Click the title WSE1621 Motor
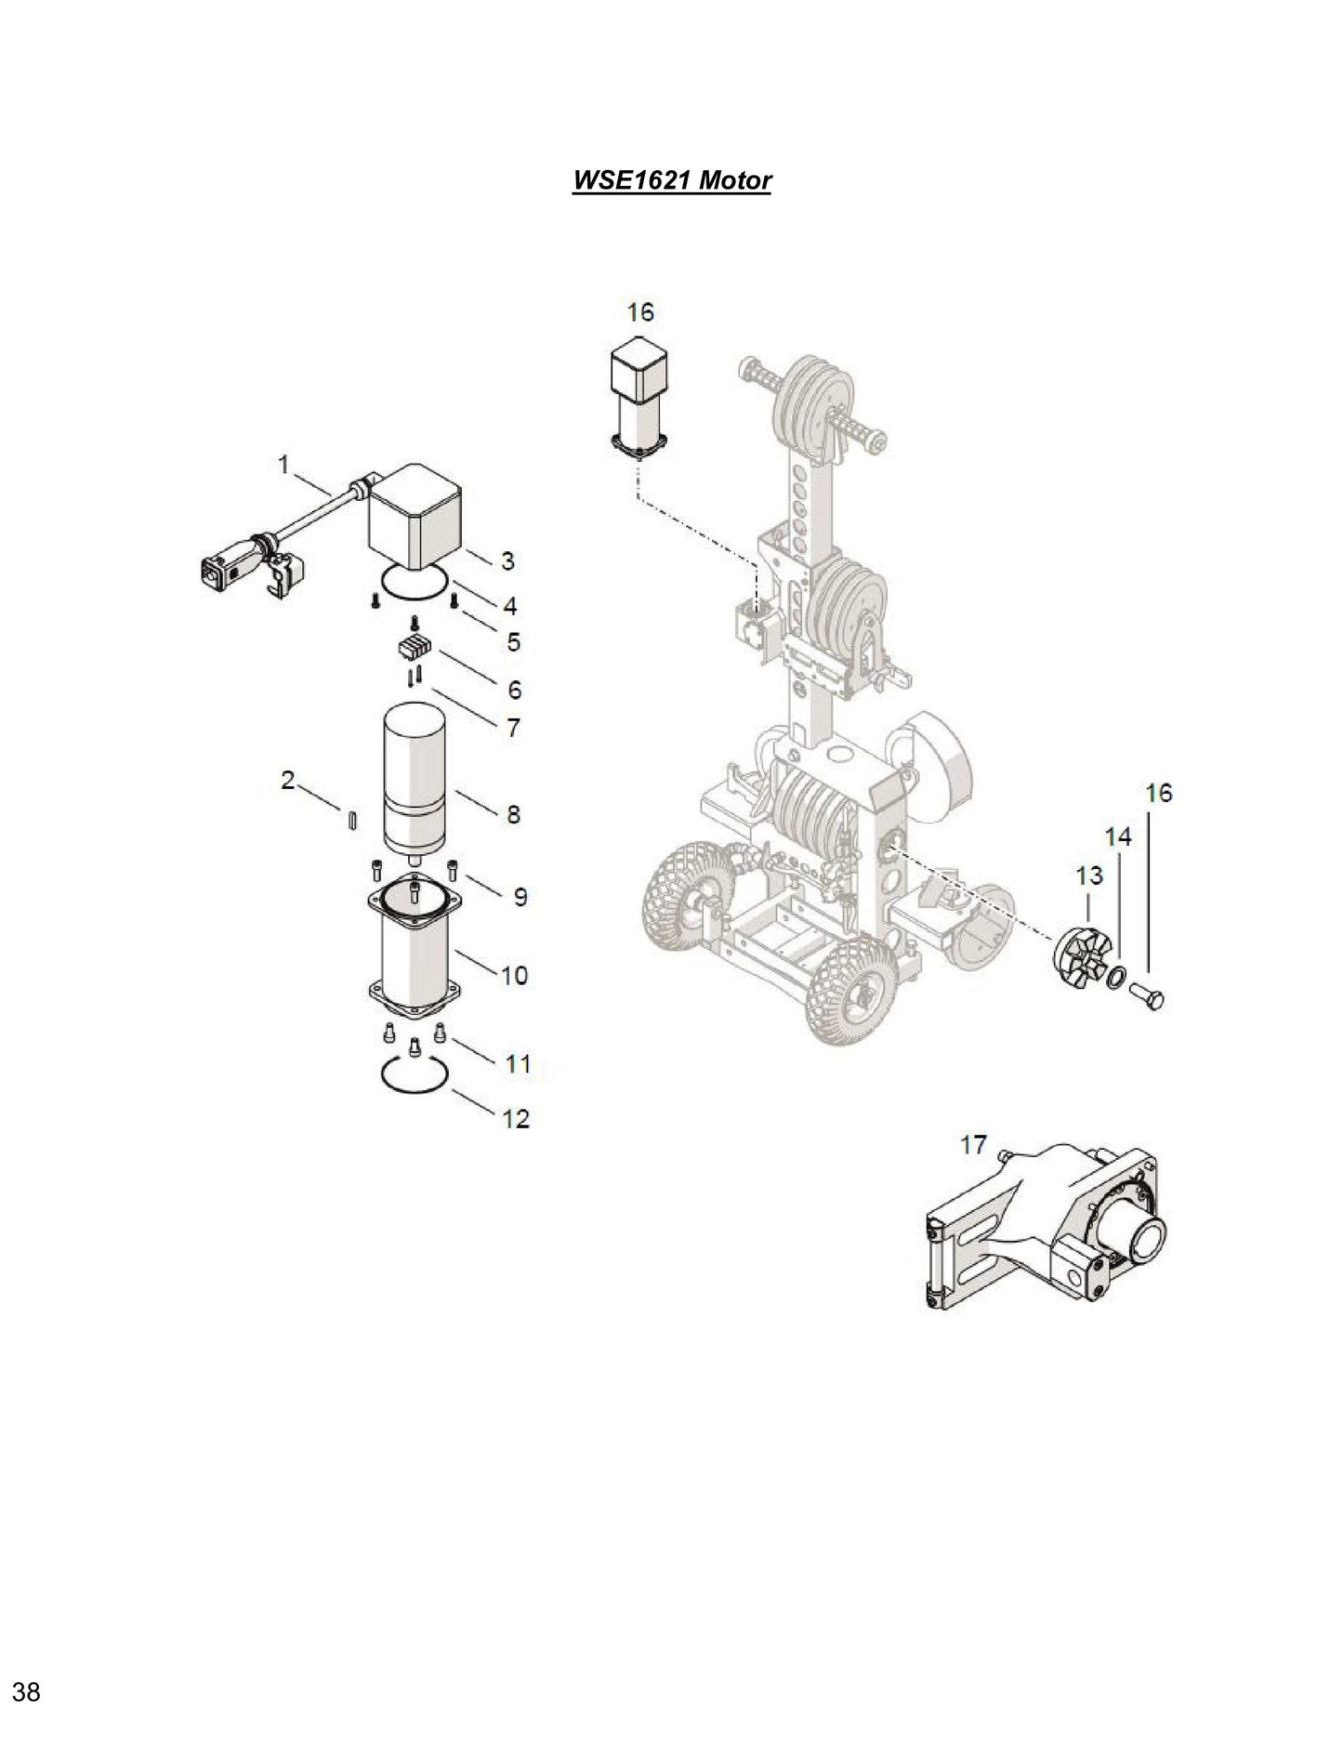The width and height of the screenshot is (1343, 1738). pos(671,179)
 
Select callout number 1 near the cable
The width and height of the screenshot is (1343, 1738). pos(284,464)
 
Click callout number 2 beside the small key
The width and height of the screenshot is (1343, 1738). pos(288,780)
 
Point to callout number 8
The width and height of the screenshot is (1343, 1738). pos(513,814)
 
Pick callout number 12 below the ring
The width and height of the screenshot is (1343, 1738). pos(516,1118)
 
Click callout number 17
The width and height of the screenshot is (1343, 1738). pos(973,1144)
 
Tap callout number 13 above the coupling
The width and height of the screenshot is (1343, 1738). pos(1089,876)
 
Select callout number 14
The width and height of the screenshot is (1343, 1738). pos(1118,836)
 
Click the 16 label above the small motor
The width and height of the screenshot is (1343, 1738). pos(640,311)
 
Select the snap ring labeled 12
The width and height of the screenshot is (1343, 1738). pos(415,1076)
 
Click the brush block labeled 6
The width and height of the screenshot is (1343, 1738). pos(410,648)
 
